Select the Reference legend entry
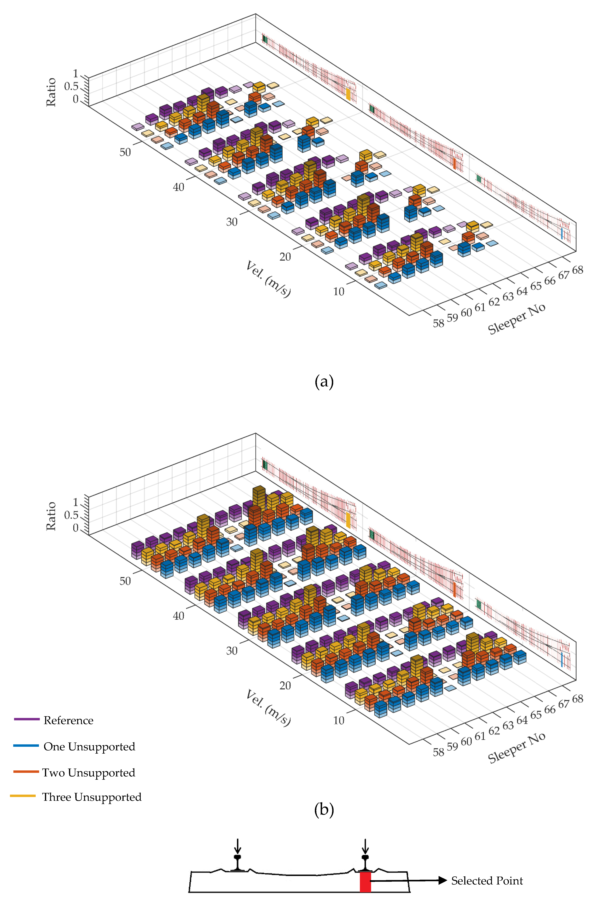click(x=68, y=720)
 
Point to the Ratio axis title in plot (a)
click(x=51, y=92)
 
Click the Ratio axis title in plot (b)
click(x=51, y=516)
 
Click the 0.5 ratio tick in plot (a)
click(x=71, y=86)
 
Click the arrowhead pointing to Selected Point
click(x=442, y=881)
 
